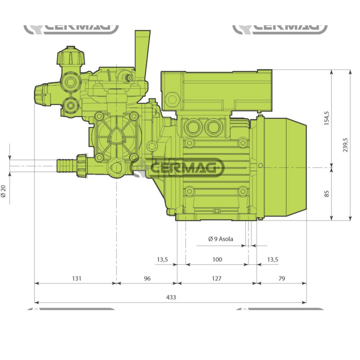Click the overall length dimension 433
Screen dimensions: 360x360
171,297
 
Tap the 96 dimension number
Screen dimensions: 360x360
147,278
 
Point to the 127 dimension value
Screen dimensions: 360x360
217,278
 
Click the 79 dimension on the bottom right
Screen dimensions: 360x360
282,278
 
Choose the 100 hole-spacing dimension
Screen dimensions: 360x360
217,259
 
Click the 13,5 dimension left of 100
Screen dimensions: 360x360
162,259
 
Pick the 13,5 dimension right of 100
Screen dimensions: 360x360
273,259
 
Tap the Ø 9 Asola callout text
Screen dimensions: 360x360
221,239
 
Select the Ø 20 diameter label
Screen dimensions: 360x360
4,191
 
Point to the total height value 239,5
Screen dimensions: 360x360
346,145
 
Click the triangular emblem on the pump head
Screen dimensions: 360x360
116,136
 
